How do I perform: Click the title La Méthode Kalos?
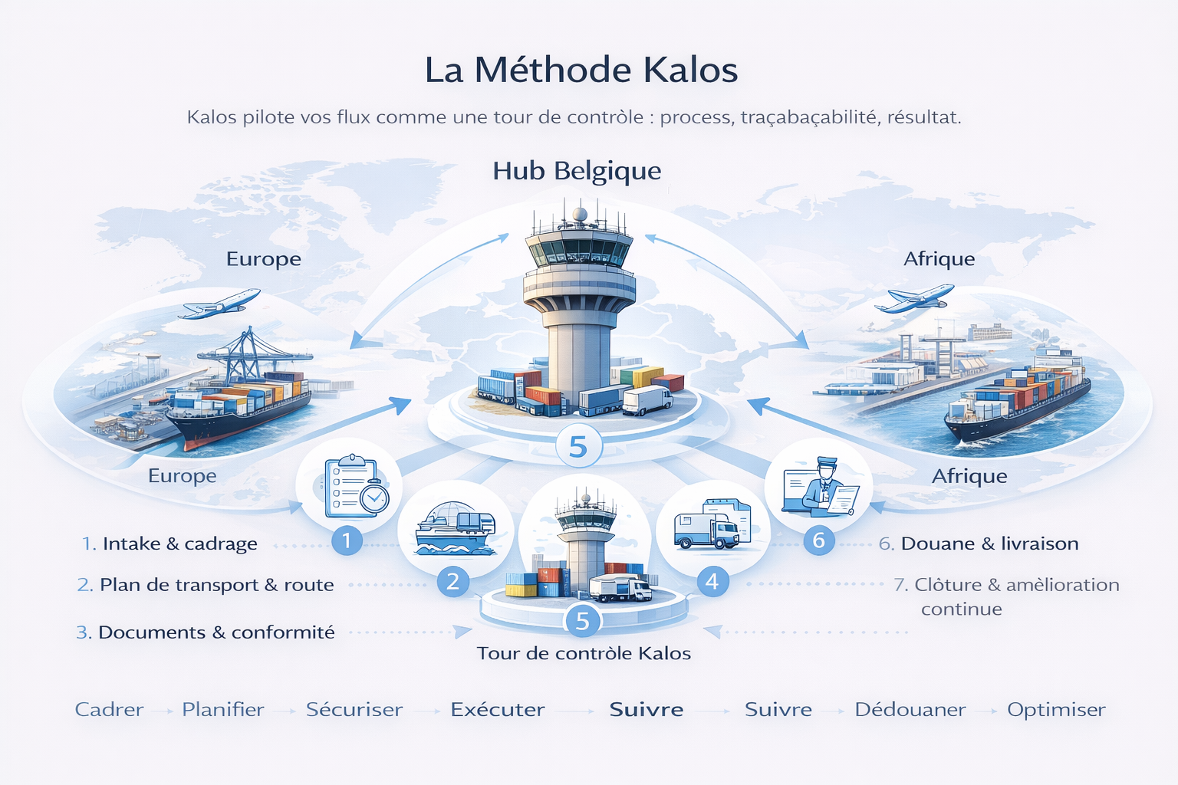581,70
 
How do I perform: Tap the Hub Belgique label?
577,171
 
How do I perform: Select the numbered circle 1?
347,540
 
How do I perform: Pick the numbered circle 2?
452,582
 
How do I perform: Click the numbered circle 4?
712,582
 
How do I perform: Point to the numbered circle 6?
818,540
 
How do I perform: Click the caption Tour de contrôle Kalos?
584,653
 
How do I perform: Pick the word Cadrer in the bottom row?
109,710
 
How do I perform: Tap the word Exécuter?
498,710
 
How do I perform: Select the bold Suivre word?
647,710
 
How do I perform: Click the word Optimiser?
1056,710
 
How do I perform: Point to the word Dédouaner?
910,710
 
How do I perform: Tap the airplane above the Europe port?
219,304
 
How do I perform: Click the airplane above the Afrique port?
915,298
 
